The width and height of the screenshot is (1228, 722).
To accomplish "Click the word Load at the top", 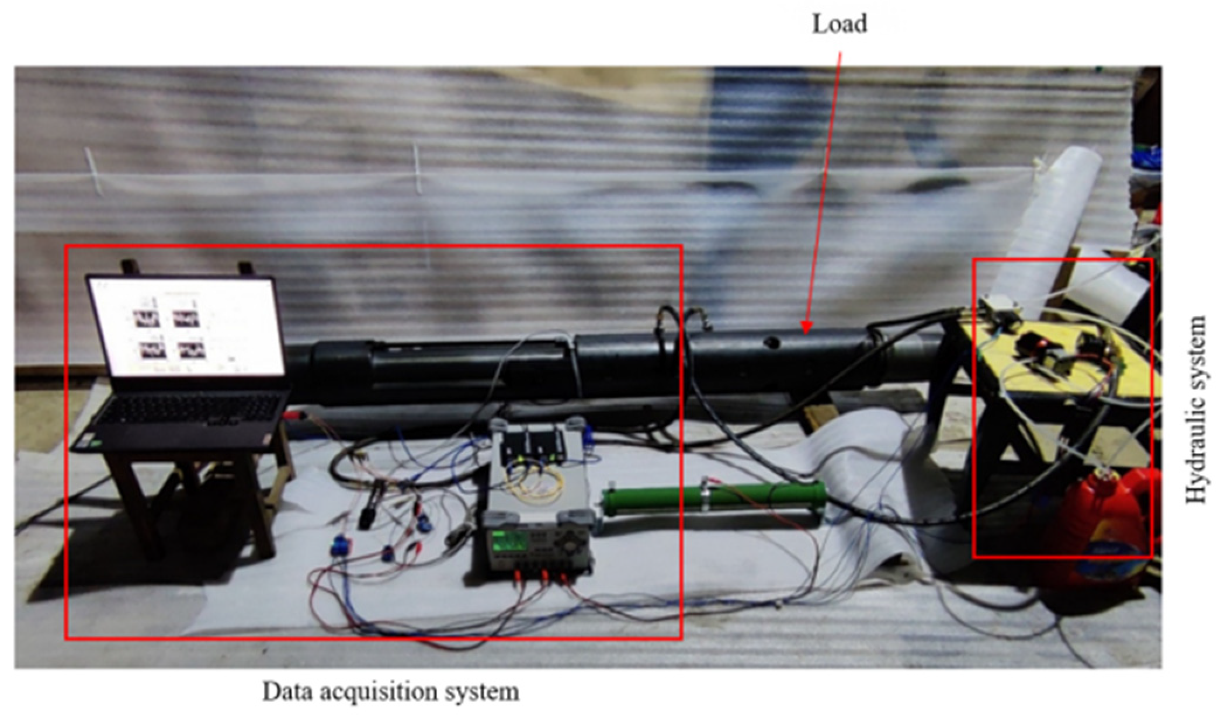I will pos(839,24).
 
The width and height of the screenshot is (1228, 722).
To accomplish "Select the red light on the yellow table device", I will pos(1033,340).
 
